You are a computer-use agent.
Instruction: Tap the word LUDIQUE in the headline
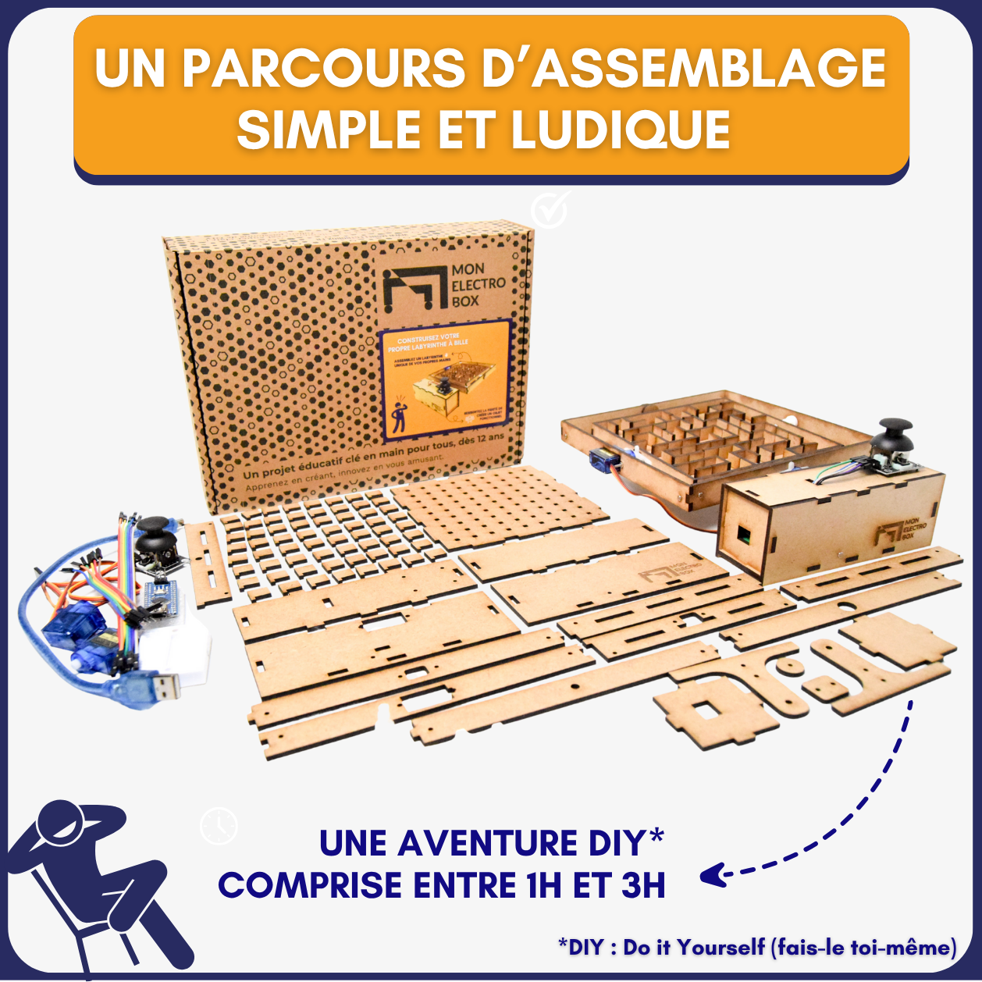point(621,130)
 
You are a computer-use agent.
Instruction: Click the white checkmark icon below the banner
point(550,208)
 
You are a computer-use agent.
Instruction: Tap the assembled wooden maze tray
point(703,444)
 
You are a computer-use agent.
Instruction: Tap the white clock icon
point(219,826)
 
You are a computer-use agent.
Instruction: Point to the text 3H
point(643,886)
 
